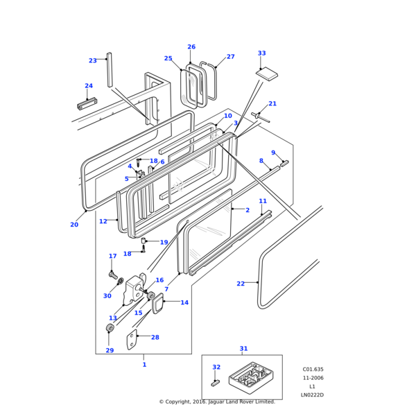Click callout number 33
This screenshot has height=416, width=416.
261,53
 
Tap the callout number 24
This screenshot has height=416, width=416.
88,87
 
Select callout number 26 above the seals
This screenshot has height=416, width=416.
191,47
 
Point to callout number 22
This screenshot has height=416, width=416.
240,284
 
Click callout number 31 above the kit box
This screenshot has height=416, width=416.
243,349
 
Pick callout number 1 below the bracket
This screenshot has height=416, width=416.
144,365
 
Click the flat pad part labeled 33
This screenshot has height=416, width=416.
267,73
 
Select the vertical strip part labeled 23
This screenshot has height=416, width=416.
110,69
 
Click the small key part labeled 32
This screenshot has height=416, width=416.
215,381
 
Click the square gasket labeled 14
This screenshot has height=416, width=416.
157,303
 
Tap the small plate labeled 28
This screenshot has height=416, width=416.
132,341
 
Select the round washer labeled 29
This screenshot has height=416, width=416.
110,327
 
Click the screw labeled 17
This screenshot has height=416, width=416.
112,275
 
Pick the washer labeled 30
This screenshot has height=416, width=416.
121,281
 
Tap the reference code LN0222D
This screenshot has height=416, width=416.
311,395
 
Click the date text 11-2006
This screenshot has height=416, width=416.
312,378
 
